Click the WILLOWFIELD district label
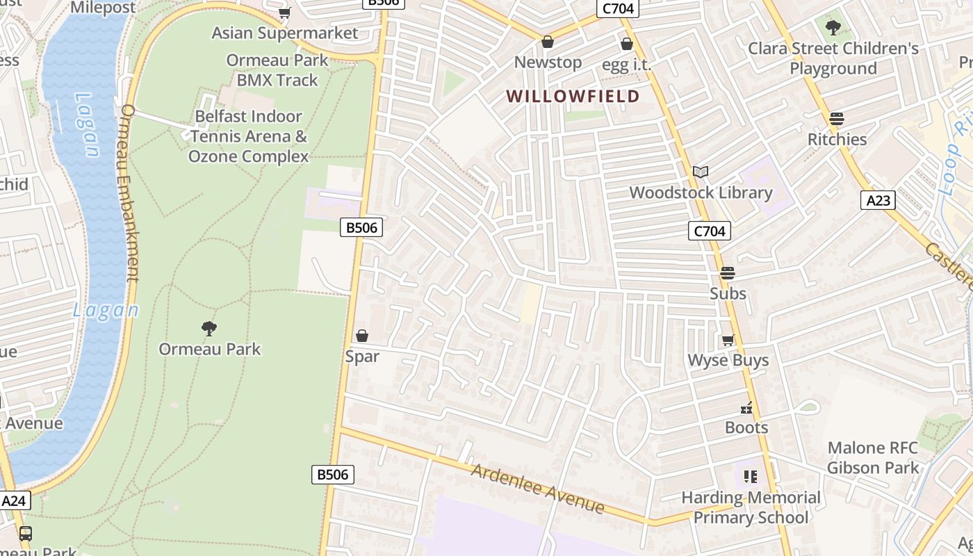coord(573,96)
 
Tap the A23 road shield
coord(878,200)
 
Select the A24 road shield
coord(15,500)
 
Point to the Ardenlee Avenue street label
coord(537,489)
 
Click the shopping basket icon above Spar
coord(362,336)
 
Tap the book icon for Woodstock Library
coord(701,172)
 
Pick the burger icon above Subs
coord(728,273)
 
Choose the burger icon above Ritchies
coord(837,119)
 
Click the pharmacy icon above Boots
coord(747,407)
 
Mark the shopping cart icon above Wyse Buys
coord(728,340)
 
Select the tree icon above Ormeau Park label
coord(208,328)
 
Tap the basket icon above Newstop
coord(548,42)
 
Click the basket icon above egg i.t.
coord(626,44)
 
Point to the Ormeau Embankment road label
coord(130,193)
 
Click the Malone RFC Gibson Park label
coord(872,458)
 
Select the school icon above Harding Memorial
coord(750,477)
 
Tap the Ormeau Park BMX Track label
coord(277,70)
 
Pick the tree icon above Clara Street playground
coord(833,28)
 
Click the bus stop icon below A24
coord(26,534)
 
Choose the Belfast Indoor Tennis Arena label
coord(249,136)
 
